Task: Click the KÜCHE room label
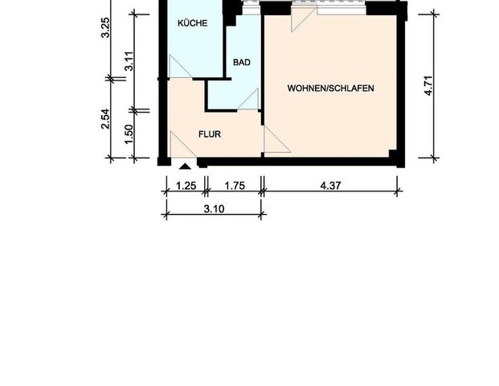tap(193, 23)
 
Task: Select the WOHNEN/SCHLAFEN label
tap(330, 88)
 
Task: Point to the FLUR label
tap(211, 134)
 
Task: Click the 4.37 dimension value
tap(330, 185)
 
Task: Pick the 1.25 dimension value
tap(186, 185)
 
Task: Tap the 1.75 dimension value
tap(234, 185)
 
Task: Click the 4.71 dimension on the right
tap(430, 84)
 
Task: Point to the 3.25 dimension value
tap(105, 39)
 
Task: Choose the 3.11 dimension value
tap(129, 60)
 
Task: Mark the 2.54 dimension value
tap(105, 118)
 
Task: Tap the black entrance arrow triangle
tap(186, 166)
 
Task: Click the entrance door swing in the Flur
tap(182, 146)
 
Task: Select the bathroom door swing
tap(248, 99)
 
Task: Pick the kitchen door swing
tap(181, 68)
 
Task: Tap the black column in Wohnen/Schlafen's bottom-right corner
tap(392, 154)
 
